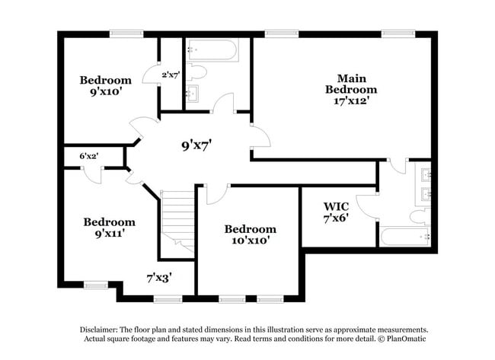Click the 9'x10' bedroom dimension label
pyautogui.click(x=106, y=92)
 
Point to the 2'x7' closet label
pyautogui.click(x=171, y=75)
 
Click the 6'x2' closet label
pyautogui.click(x=89, y=156)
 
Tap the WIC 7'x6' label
pyautogui.click(x=336, y=212)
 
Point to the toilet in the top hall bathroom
pyautogui.click(x=196, y=73)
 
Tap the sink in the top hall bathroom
pyautogui.click(x=190, y=94)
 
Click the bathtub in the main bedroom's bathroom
pyautogui.click(x=404, y=236)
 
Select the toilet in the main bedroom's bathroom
pyautogui.click(x=419, y=216)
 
